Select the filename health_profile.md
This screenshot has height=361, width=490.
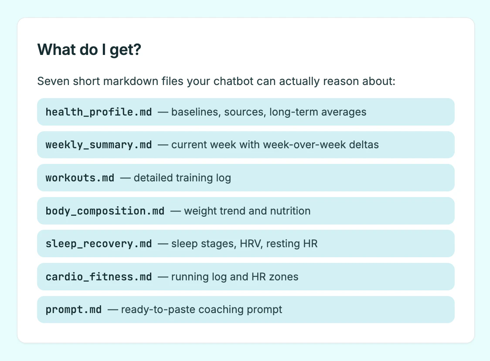tap(99, 112)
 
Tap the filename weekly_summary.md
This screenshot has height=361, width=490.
tap(99, 145)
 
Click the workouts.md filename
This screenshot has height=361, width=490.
tap(80, 178)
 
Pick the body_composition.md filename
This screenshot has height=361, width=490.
tap(105, 211)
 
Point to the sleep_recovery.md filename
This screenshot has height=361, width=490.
tap(99, 244)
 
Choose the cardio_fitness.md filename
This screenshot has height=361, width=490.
tap(99, 277)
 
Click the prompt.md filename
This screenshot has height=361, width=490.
tap(74, 310)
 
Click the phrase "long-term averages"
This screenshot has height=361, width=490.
tap(318, 112)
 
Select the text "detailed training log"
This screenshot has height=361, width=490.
tap(183, 178)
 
